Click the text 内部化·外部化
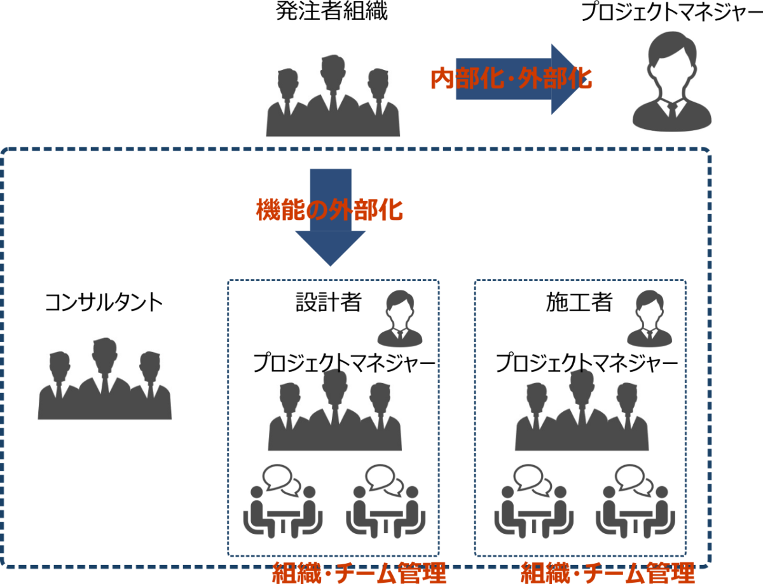point(511,79)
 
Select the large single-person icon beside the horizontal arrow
point(672,81)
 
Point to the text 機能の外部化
point(329,210)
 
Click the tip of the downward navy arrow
point(330,264)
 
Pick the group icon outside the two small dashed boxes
point(105,379)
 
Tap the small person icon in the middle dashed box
point(400,319)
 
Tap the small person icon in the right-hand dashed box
point(649,319)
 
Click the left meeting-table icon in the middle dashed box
point(283,501)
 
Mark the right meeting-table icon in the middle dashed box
point(385,501)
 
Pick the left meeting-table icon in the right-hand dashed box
point(533,501)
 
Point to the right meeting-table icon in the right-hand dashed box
point(635,501)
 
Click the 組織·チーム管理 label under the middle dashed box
point(359,573)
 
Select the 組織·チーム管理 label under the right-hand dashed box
point(607,573)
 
